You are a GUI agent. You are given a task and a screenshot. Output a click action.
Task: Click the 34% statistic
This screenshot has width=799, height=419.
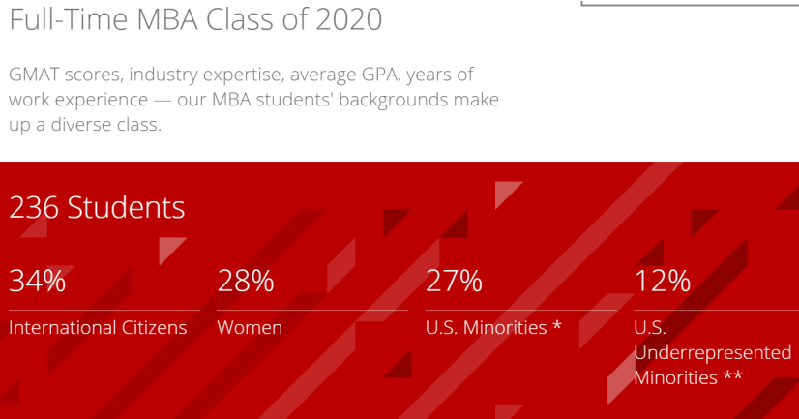(x=37, y=282)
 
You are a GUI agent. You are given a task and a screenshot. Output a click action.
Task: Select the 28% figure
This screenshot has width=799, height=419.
(x=246, y=282)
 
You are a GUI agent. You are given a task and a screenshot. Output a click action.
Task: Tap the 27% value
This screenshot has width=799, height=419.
(x=454, y=282)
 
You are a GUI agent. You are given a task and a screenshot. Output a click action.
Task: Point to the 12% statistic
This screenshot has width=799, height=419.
(x=663, y=282)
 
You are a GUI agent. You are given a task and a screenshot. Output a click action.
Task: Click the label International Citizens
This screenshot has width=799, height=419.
(x=98, y=328)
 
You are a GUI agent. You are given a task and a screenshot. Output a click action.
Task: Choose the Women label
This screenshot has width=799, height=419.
(x=250, y=328)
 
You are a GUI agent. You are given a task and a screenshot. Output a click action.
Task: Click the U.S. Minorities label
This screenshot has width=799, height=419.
(x=487, y=328)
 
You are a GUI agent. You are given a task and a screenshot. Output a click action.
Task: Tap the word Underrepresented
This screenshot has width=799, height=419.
(x=713, y=352)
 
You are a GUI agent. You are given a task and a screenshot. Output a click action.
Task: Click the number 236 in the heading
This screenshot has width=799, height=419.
(x=34, y=207)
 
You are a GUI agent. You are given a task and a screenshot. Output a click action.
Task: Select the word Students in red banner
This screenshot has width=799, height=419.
(x=126, y=207)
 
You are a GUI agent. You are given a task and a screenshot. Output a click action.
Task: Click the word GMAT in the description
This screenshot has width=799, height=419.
(x=34, y=75)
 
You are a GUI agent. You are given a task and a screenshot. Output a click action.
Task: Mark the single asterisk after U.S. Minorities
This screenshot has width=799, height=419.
(x=557, y=326)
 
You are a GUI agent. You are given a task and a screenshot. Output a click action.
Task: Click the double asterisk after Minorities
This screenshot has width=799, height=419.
(x=732, y=376)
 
